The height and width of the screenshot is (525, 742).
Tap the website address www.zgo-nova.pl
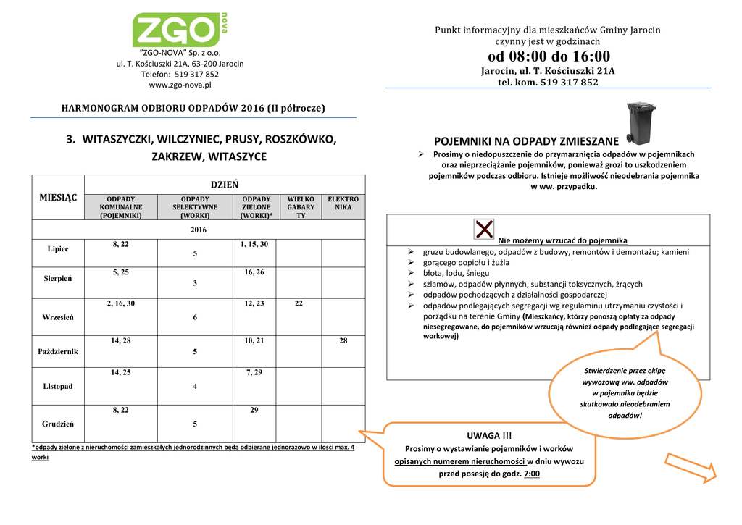pyautogui.click(x=180, y=85)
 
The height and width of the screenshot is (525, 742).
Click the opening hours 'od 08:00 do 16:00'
pyautogui.click(x=548, y=56)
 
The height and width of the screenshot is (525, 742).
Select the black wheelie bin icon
pyautogui.click(x=641, y=123)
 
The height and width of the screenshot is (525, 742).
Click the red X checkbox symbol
pyautogui.click(x=484, y=229)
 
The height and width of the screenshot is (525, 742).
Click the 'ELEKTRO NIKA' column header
pyautogui.click(x=343, y=203)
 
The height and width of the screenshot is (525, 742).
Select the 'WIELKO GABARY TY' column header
pyautogui.click(x=301, y=206)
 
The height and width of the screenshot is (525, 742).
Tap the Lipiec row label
pyautogui.click(x=58, y=248)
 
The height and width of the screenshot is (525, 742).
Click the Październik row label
pyautogui.click(x=58, y=351)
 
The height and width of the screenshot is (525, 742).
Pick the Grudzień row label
pyautogui.click(x=58, y=423)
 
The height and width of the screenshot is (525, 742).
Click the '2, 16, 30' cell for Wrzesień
pyautogui.click(x=120, y=303)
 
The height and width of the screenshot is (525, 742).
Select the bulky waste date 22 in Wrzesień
pyautogui.click(x=299, y=303)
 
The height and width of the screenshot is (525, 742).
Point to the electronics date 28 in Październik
pyautogui.click(x=343, y=340)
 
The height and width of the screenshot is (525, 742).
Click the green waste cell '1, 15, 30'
pyautogui.click(x=254, y=244)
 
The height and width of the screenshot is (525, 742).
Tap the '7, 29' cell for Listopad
pyautogui.click(x=254, y=372)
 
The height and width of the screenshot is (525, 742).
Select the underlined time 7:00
pyautogui.click(x=532, y=474)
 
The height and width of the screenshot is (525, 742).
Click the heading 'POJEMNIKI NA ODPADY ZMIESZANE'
pyautogui.click(x=526, y=140)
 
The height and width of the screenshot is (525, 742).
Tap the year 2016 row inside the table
pyautogui.click(x=199, y=230)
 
